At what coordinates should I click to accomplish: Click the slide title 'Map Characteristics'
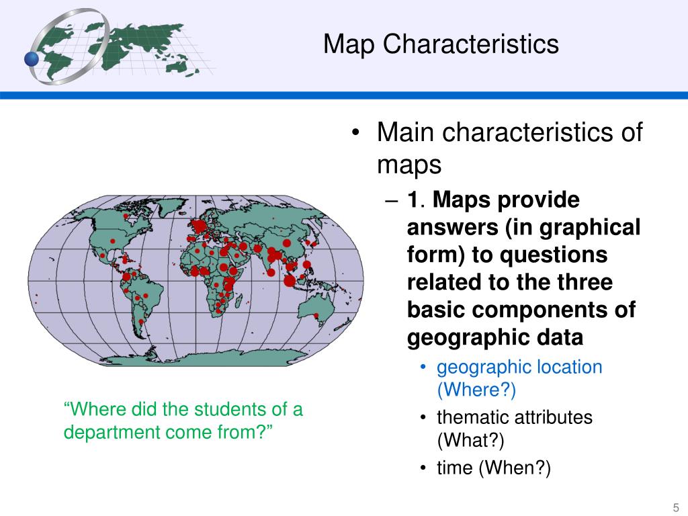point(440,44)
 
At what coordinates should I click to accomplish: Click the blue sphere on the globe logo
point(32,59)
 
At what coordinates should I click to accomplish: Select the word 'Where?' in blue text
point(476,390)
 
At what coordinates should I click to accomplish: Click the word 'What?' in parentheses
point(470,441)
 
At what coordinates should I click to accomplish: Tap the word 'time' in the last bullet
point(455,468)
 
